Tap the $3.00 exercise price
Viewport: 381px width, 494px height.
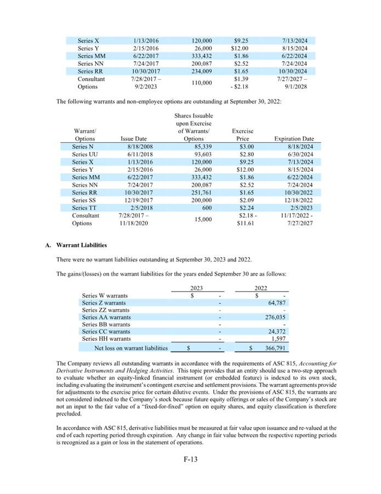tap(246, 147)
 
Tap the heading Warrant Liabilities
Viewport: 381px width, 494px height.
tap(82, 245)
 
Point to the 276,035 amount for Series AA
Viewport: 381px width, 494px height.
tap(276, 317)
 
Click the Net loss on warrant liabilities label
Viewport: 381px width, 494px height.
tap(131, 348)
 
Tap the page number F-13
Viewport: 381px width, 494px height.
tap(190, 459)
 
